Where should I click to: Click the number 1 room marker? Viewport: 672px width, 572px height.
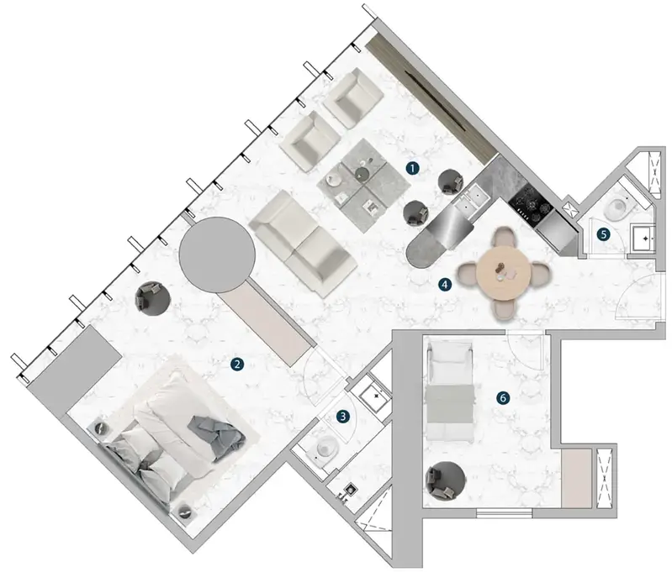[412, 168]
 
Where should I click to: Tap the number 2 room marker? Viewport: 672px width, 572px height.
[237, 365]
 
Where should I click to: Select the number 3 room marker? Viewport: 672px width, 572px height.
[342, 416]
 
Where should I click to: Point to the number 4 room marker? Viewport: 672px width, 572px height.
[445, 284]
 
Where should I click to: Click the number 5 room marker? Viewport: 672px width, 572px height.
[603, 234]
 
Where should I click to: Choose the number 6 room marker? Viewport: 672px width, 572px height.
[503, 398]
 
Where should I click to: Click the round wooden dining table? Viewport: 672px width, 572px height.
[502, 274]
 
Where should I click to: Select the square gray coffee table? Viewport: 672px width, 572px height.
[363, 186]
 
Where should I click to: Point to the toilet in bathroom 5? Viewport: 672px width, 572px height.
[618, 207]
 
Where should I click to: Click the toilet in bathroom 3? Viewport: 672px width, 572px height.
[325, 449]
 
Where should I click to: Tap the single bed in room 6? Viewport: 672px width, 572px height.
[450, 391]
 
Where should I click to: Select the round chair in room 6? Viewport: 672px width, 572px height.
[445, 480]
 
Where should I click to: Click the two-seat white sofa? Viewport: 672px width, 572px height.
[303, 244]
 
